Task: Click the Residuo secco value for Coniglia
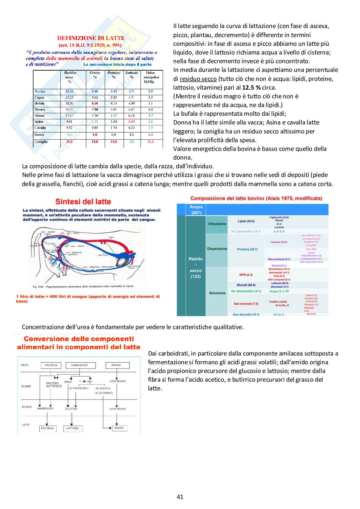[x=69, y=142]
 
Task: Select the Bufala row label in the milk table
[x=39, y=103]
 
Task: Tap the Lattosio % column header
[x=132, y=75]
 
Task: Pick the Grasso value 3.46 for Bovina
[x=95, y=91]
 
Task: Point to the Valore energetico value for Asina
[x=150, y=122]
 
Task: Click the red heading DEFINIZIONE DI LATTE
[x=91, y=38]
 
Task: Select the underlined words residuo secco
[x=198, y=79]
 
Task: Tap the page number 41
[x=180, y=497]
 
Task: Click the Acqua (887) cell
[x=196, y=210]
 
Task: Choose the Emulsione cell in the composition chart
[x=217, y=224]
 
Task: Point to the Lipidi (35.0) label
[x=246, y=221]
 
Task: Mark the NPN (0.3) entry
[x=246, y=275]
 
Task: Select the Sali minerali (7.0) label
[x=246, y=304]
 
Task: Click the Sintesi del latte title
[x=83, y=202]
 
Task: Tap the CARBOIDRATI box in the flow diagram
[x=79, y=365]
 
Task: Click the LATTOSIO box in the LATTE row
[x=72, y=428]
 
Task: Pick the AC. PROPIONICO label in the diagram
[x=79, y=388]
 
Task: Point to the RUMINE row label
[x=26, y=386]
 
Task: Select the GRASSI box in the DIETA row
[x=116, y=365]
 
